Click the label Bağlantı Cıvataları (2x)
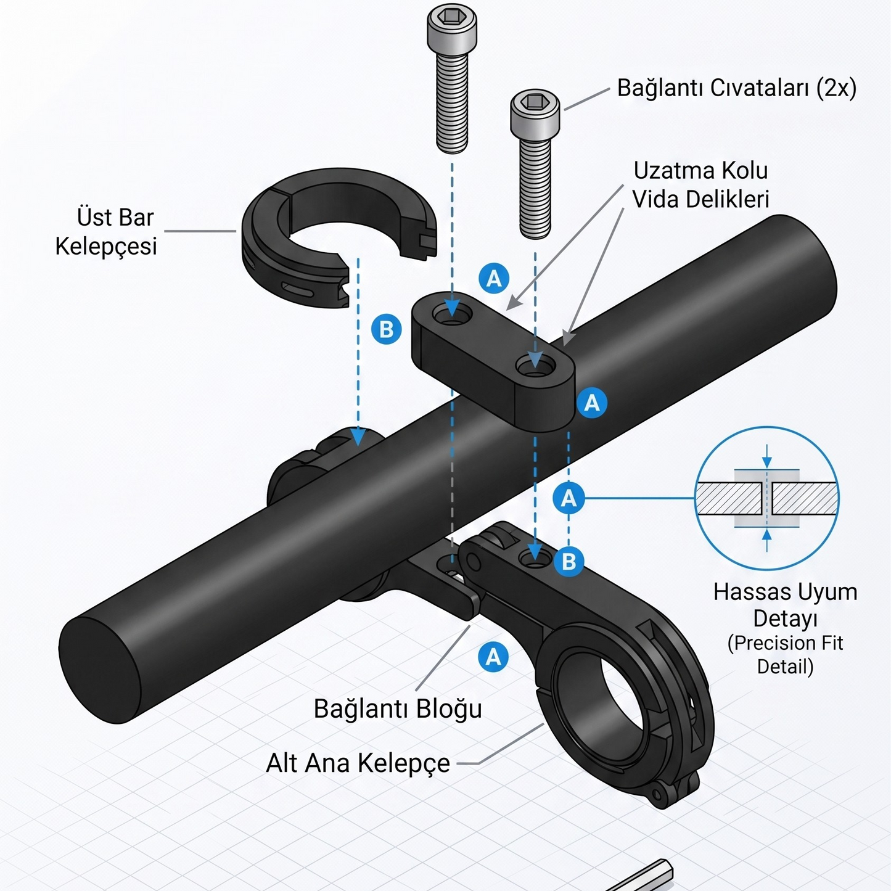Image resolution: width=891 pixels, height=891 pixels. click(737, 88)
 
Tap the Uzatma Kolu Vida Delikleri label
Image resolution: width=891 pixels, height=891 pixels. click(700, 185)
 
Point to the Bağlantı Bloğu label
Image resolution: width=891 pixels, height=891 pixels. click(398, 708)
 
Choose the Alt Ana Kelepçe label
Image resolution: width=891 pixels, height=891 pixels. click(358, 763)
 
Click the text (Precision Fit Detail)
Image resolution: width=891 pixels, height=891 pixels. click(785, 655)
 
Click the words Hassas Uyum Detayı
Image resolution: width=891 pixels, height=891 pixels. click(785, 605)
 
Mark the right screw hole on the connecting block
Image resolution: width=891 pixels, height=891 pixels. click(535, 366)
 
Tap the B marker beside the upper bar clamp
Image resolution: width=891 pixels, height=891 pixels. click(386, 329)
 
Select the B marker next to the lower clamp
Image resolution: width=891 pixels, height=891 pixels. click(569, 562)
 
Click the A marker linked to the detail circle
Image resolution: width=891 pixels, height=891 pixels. click(569, 498)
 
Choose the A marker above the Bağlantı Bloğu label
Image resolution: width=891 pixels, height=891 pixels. click(493, 657)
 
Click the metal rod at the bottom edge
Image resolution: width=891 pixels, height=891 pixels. click(641, 876)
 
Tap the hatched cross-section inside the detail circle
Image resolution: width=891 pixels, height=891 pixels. click(767, 498)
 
